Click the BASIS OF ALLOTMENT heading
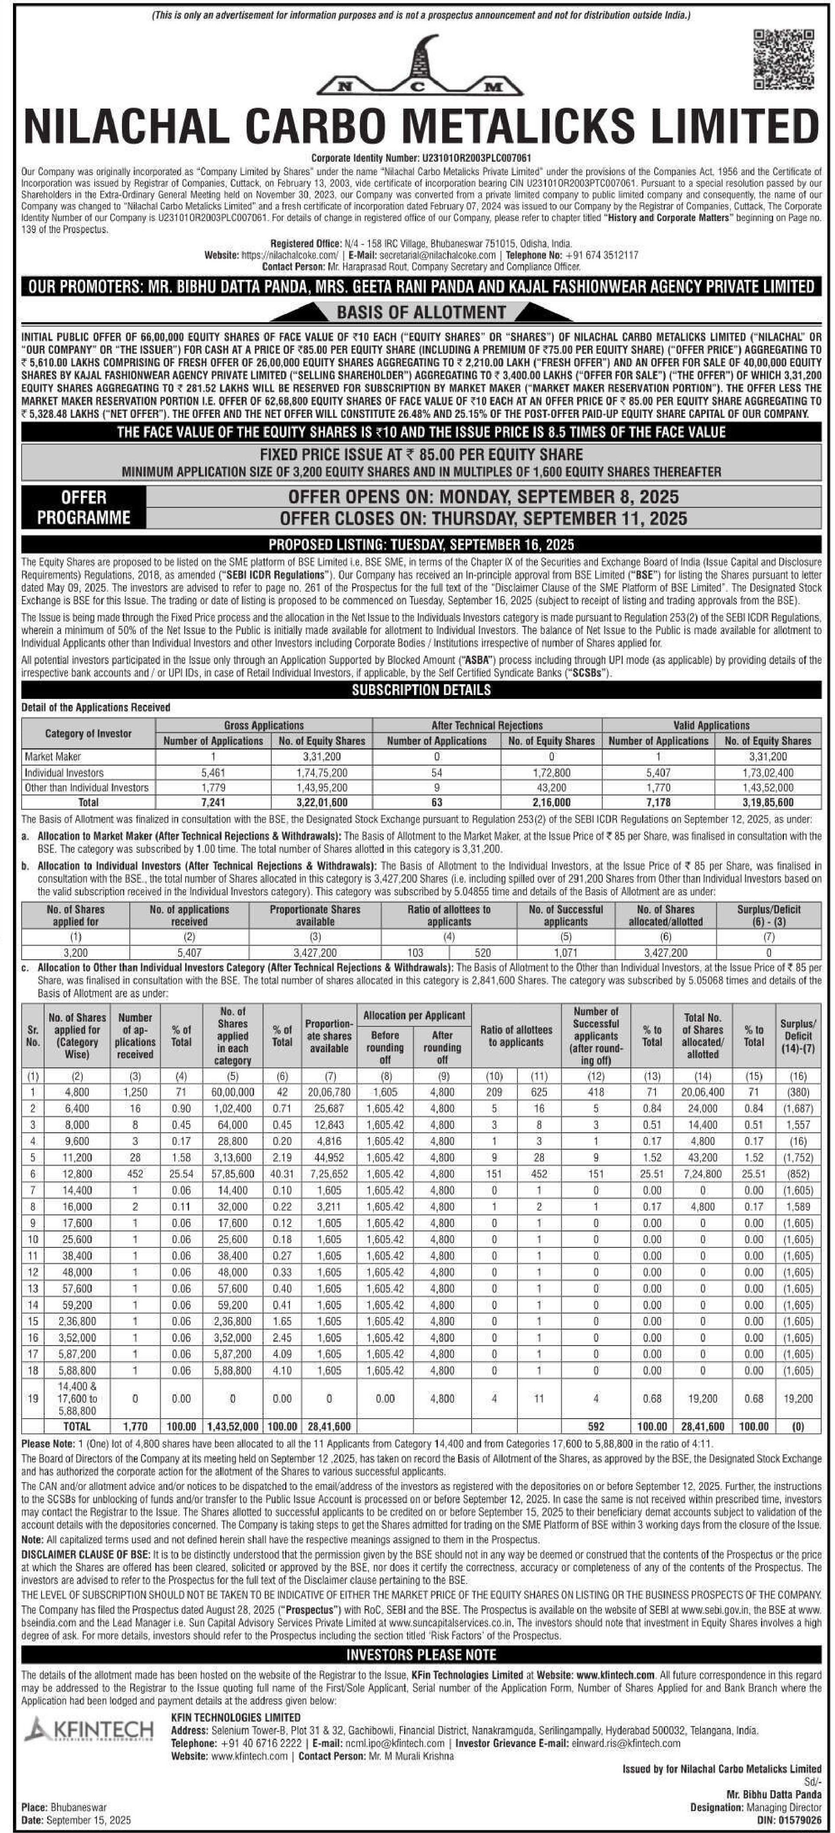tap(421, 312)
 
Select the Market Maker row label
tap(53, 756)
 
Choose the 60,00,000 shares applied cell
tap(232, 1092)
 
